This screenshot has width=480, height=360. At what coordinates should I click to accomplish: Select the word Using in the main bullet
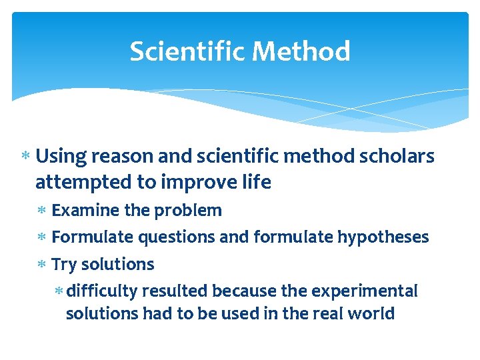[61, 157]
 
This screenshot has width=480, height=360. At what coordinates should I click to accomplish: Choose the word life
[257, 183]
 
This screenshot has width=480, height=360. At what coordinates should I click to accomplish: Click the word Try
[63, 265]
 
